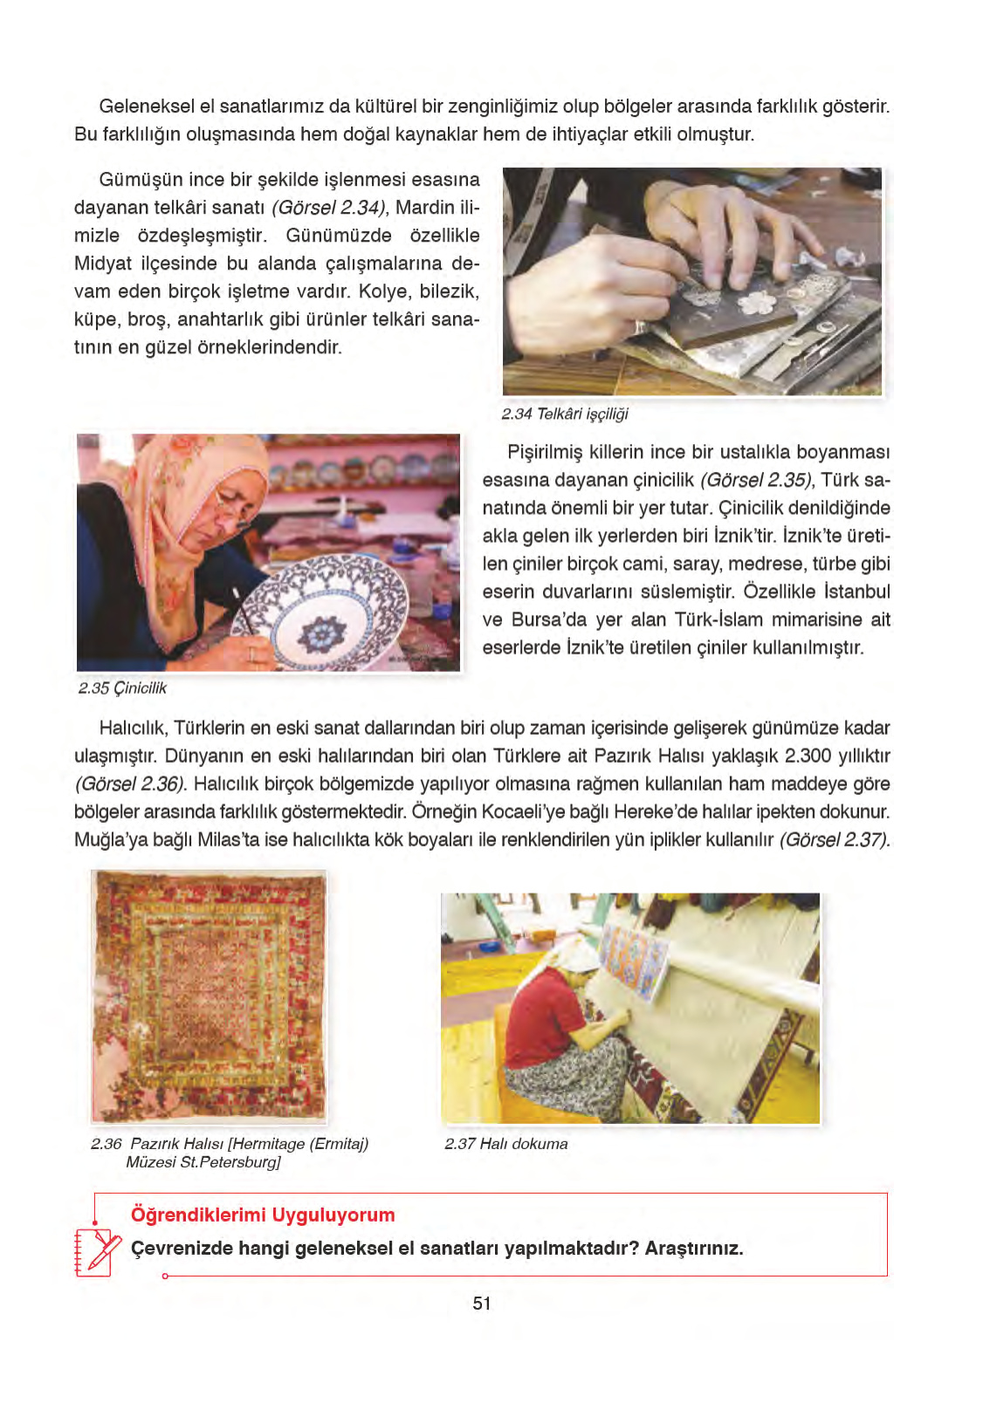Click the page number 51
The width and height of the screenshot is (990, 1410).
pos(482,1304)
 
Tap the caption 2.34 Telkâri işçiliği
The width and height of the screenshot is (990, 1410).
pos(565,414)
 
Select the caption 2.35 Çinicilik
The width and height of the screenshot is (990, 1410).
pos(122,688)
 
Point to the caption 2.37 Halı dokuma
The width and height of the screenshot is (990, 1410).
pos(505,1144)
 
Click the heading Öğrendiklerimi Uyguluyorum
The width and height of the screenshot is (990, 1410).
pos(263,1215)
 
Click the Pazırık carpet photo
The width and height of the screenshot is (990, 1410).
pos(209,996)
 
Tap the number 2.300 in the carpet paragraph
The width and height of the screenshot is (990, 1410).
pos(808,756)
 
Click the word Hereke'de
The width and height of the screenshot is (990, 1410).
pos(651,811)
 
